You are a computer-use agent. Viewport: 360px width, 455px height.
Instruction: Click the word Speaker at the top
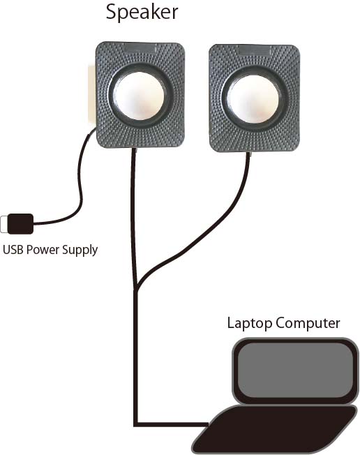(142, 13)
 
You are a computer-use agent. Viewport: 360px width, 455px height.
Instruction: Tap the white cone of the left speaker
(139, 96)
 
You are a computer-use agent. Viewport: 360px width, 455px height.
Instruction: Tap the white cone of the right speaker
(253, 98)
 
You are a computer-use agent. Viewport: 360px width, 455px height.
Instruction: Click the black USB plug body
(20, 223)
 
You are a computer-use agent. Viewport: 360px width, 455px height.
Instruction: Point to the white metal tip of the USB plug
(3, 224)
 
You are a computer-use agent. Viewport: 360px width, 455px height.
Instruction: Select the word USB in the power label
(13, 250)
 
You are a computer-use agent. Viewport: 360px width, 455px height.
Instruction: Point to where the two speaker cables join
(136, 286)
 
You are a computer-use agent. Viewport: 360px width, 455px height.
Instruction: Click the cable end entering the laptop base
(207, 424)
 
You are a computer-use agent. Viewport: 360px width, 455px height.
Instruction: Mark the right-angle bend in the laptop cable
(135, 424)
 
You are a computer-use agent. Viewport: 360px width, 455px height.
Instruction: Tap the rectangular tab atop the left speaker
(140, 48)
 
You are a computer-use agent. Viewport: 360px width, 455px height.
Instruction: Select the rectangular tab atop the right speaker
(254, 50)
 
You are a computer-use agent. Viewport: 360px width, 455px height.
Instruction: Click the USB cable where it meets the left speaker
(93, 131)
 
